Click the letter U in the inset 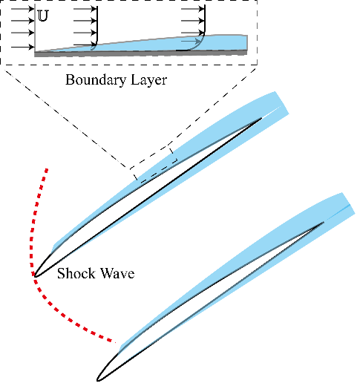tap(43, 16)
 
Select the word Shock tap(76, 273)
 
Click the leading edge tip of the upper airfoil tap(34, 276)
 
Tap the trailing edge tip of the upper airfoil tap(262, 118)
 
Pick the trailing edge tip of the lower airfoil tap(324, 222)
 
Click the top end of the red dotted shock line tap(47, 169)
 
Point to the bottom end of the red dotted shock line tap(115, 342)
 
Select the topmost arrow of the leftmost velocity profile tap(22, 9)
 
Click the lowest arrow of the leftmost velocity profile tap(22, 47)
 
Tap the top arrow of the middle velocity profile tap(85, 9)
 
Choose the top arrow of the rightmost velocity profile tap(193, 9)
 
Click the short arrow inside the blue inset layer tap(191, 41)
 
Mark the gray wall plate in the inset tap(141, 53)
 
